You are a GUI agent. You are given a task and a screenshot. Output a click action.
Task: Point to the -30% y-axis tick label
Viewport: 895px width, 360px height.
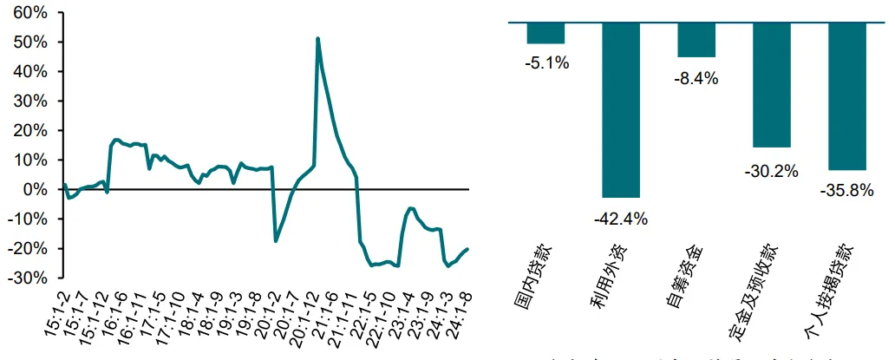coord(30,278)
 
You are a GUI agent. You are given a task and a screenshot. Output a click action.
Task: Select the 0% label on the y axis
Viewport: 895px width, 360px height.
coord(37,189)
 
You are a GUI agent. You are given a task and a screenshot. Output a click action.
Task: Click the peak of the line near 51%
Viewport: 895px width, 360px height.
coord(317,39)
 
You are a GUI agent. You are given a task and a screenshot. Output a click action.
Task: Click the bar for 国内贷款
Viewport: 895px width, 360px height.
coord(545,33)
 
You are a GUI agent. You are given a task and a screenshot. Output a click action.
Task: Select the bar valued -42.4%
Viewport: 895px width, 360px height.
coord(621,110)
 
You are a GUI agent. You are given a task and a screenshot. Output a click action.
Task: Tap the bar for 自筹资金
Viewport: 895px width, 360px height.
coord(696,40)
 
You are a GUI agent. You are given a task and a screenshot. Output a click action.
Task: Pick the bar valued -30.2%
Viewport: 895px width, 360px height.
coord(772,85)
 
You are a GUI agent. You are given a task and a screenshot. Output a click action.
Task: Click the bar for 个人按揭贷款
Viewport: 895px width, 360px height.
coord(847,96)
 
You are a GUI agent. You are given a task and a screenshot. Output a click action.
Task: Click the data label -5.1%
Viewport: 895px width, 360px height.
coord(546,62)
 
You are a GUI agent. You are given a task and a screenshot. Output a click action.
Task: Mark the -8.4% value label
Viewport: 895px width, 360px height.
coord(696,78)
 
